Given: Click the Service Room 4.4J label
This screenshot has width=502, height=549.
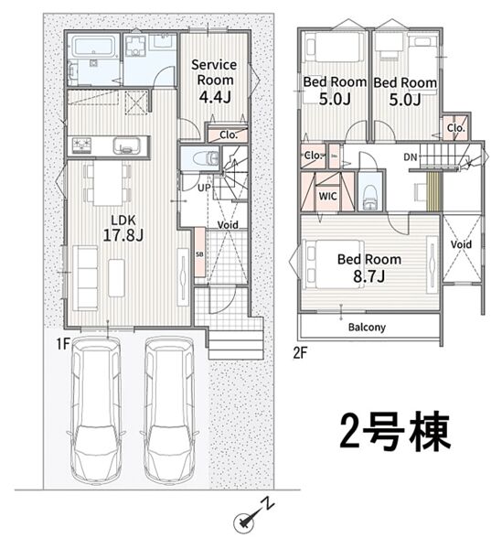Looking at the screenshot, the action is [x=214, y=81].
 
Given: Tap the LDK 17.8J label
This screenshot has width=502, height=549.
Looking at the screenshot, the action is [x=123, y=228].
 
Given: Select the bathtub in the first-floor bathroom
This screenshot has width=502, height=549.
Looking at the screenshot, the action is [x=93, y=47].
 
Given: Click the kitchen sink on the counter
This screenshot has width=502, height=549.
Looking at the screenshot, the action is [x=126, y=145].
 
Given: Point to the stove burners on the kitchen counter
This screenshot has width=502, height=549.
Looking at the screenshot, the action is [x=82, y=145].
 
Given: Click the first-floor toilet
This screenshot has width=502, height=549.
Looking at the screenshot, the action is [x=207, y=157].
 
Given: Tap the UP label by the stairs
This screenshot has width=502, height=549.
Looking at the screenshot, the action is [x=204, y=188].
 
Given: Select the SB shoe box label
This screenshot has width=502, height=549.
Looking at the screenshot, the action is [x=199, y=255].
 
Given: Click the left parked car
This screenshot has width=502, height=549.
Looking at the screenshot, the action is [x=96, y=410].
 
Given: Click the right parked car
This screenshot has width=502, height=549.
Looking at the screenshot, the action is [x=169, y=410].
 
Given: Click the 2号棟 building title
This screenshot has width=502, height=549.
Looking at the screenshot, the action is [x=395, y=432].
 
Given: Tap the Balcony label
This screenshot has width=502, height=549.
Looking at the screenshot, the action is [x=367, y=328].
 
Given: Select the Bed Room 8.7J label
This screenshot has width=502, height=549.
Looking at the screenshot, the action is [x=369, y=268].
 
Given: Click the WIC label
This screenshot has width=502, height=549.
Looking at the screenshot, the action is [x=327, y=197].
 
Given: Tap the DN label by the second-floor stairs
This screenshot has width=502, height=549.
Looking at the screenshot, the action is [x=411, y=157].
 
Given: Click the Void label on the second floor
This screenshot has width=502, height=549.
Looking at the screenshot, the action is [x=461, y=244].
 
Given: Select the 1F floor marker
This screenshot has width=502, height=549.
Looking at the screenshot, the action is [x=63, y=344].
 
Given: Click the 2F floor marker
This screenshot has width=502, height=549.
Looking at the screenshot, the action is [x=300, y=353].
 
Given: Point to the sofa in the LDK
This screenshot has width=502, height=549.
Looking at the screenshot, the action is [x=85, y=278].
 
